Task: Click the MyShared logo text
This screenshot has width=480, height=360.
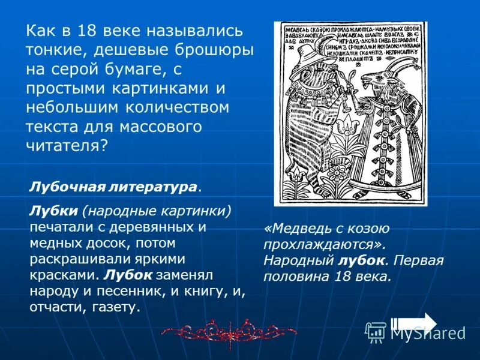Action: click(428, 332)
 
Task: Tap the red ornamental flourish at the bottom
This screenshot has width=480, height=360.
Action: click(229, 331)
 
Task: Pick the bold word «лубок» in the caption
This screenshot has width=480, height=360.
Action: click(359, 261)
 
